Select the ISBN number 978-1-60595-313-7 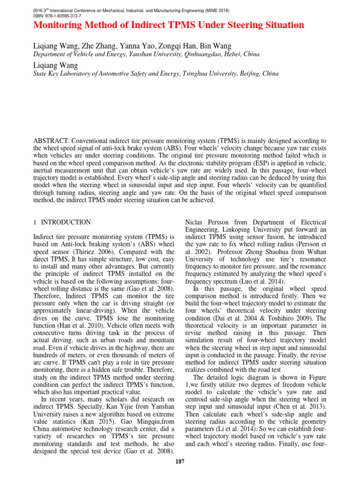(x=62, y=15)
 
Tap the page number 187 (x=180, y=462)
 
